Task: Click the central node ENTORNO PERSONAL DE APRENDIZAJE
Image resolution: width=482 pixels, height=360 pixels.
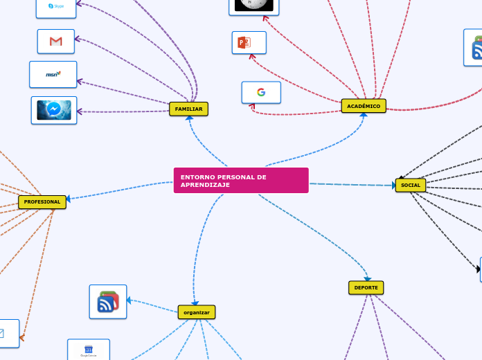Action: pyautogui.click(x=240, y=180)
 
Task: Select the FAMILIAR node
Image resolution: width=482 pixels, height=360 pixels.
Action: pyautogui.click(x=188, y=109)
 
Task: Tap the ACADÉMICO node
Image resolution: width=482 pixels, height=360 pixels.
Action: pyautogui.click(x=364, y=106)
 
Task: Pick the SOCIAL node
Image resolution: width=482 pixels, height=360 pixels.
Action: pyautogui.click(x=411, y=185)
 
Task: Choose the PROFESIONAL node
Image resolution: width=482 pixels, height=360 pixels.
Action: pyautogui.click(x=42, y=202)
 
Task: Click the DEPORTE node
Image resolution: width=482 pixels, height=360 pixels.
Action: pyautogui.click(x=366, y=287)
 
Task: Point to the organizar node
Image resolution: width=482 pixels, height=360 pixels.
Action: pyautogui.click(x=197, y=312)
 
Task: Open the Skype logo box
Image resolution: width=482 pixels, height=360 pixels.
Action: pyautogui.click(x=56, y=6)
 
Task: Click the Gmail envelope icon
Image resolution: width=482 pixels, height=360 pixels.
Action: pyautogui.click(x=56, y=42)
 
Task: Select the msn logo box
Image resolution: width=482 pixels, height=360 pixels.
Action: pyautogui.click(x=53, y=74)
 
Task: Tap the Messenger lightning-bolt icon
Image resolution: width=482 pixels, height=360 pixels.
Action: pyautogui.click(x=54, y=110)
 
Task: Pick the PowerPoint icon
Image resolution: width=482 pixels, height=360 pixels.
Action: pyautogui.click(x=244, y=42)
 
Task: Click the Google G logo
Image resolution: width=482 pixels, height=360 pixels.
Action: pyautogui.click(x=261, y=92)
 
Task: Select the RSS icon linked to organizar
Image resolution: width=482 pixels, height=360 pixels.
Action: pyautogui.click(x=108, y=302)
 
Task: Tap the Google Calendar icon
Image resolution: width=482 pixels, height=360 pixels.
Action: pyautogui.click(x=88, y=349)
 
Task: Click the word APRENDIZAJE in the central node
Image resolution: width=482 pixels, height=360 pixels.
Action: pyautogui.click(x=205, y=185)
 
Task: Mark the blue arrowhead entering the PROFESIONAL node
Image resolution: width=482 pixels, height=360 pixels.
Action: pyautogui.click(x=69, y=199)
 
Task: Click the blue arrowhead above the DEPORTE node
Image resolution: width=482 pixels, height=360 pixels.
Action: pyautogui.click(x=367, y=278)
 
